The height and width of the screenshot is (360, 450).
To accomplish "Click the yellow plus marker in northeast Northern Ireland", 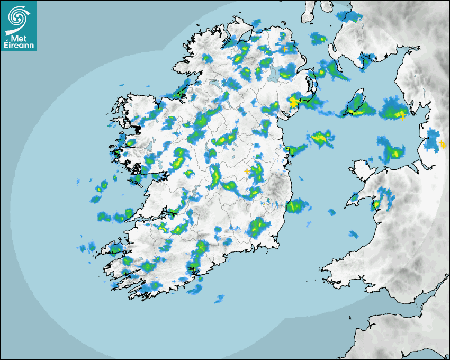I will coord(285,49).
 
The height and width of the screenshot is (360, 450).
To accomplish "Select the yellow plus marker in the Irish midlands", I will coord(246,171).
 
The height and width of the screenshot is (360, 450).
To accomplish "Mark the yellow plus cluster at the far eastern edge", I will coord(443,143).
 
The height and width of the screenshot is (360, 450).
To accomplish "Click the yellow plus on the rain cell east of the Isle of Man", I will coord(402,115).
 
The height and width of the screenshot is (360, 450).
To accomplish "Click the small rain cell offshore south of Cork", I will coord(220,299).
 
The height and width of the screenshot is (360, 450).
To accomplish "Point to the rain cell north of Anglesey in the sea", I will coord(391,149).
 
